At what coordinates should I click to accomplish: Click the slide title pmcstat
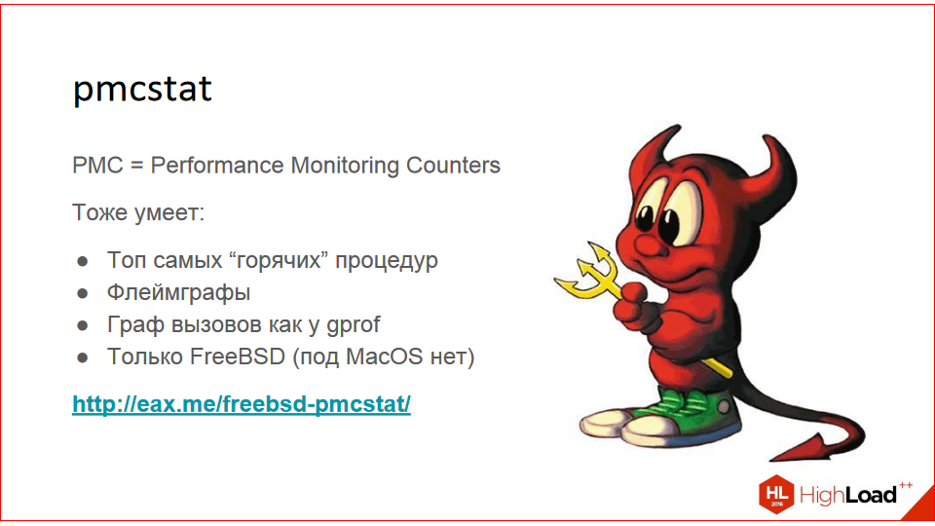(x=142, y=90)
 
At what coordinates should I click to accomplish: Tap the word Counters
(x=453, y=165)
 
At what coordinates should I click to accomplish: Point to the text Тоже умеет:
(x=138, y=212)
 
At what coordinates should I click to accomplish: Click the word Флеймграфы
(x=179, y=292)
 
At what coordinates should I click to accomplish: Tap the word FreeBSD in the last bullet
(x=242, y=357)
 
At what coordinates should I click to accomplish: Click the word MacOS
(x=388, y=357)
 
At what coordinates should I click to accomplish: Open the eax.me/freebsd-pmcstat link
(x=242, y=403)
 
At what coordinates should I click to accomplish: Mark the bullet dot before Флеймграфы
(x=84, y=292)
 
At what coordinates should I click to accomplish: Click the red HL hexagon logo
(x=776, y=493)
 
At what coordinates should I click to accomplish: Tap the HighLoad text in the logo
(x=847, y=495)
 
